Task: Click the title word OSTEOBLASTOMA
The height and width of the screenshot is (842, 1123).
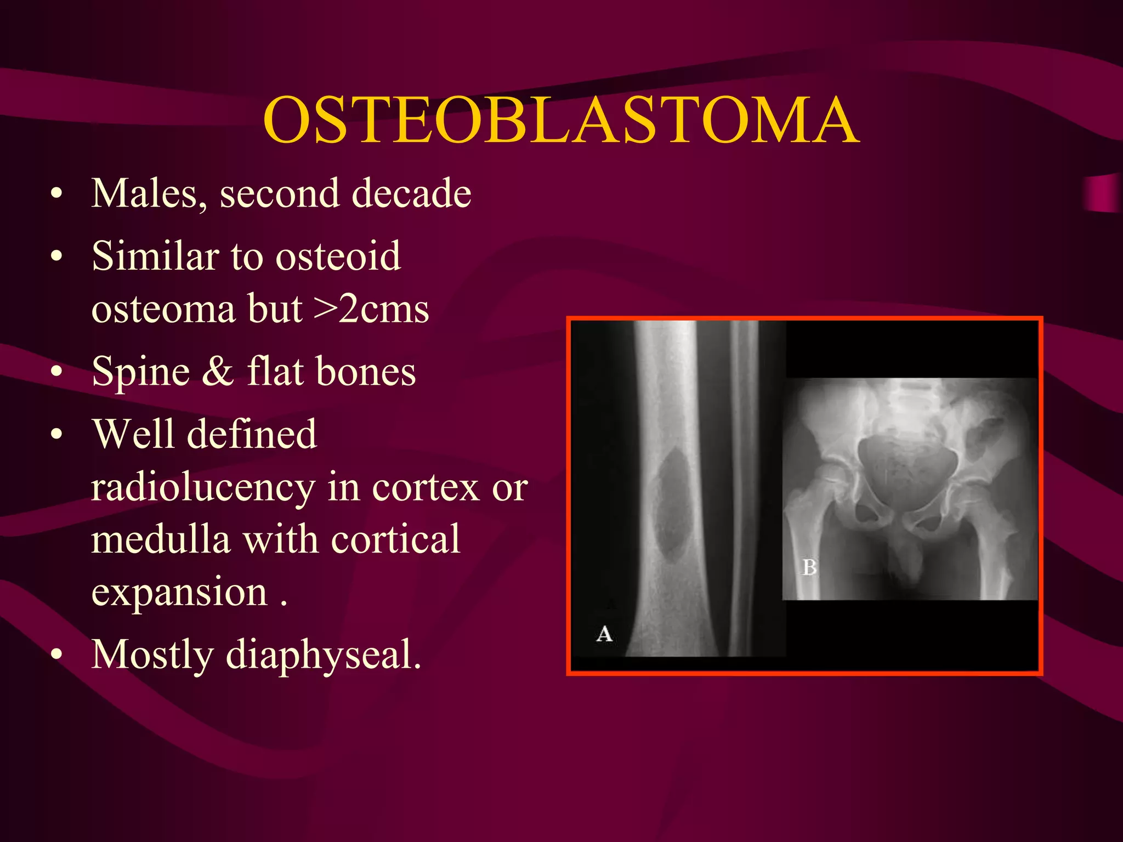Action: coord(560,121)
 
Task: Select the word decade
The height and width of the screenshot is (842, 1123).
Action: coord(411,194)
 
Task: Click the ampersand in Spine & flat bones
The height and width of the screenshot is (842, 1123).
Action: coord(218,371)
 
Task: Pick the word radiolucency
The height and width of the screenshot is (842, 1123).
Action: coord(203,488)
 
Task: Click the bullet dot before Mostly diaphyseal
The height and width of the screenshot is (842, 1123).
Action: coord(56,655)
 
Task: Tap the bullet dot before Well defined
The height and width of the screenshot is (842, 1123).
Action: coord(56,435)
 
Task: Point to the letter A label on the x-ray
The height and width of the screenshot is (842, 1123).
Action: coord(604,634)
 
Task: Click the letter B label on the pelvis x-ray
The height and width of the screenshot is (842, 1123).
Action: coord(809,567)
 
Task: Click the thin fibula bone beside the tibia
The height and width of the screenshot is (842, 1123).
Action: coord(745,488)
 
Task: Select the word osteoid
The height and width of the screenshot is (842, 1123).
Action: coord(338,257)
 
